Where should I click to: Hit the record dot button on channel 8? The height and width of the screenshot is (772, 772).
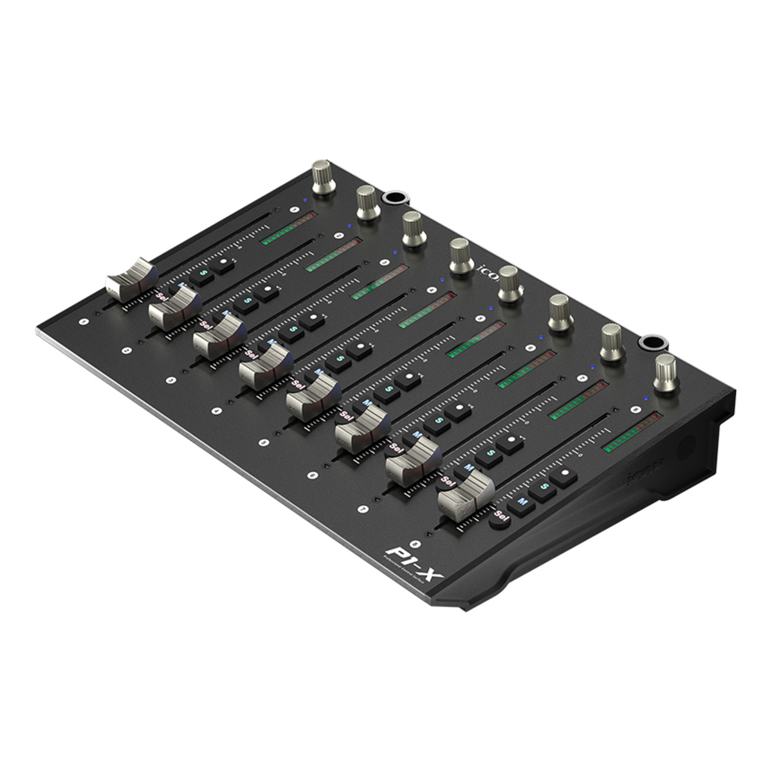(565, 475)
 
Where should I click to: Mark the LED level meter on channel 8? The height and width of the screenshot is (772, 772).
(634, 431)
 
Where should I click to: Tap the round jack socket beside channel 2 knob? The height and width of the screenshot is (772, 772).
(391, 198)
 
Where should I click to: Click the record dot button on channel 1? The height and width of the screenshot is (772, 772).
(224, 264)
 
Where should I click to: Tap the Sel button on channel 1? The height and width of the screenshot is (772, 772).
(161, 296)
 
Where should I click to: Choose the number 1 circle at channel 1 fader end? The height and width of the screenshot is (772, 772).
(82, 320)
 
